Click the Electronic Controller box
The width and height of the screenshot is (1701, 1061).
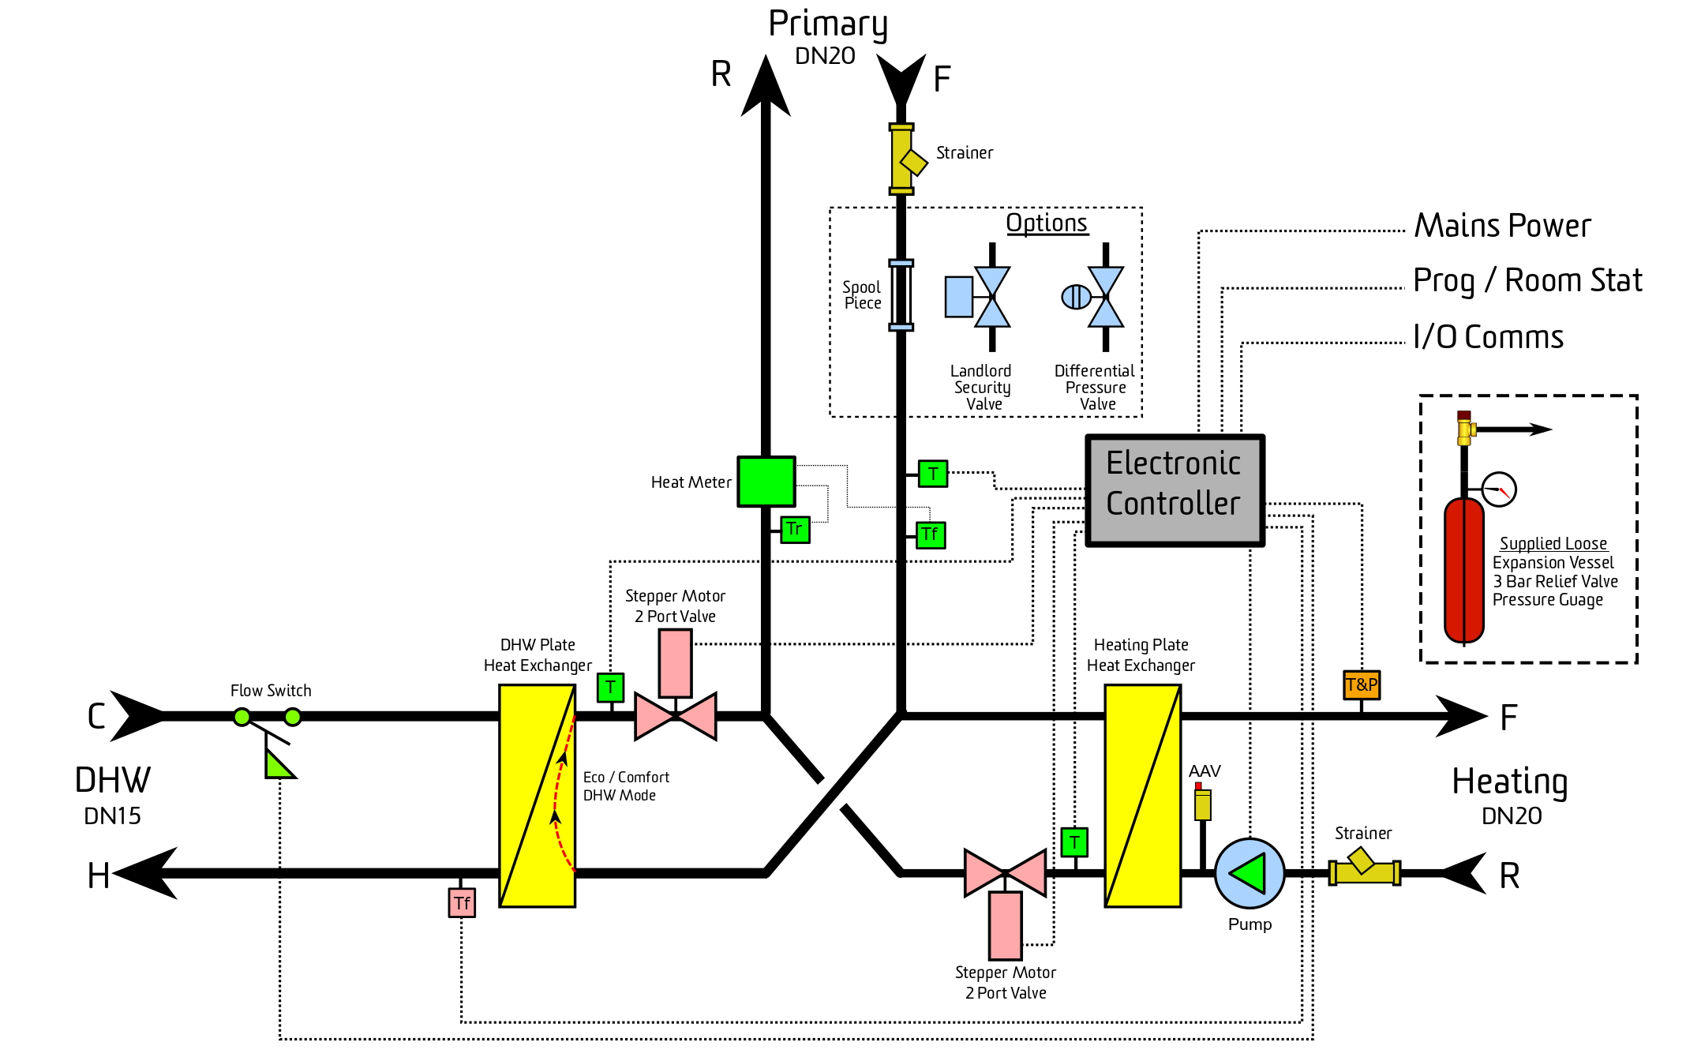[x=1175, y=490]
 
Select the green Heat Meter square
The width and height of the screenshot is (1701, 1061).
[x=766, y=482]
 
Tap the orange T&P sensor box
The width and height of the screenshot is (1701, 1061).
[x=1362, y=684]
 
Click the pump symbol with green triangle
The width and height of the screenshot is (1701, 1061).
[x=1250, y=873]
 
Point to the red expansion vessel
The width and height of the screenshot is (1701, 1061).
[x=1464, y=570]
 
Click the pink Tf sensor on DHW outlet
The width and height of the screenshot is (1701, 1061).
[x=462, y=903]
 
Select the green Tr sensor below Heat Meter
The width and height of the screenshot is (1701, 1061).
[x=795, y=529]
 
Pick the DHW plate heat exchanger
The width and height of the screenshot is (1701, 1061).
[x=537, y=796]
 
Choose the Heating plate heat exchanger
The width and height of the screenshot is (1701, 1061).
[x=1142, y=796]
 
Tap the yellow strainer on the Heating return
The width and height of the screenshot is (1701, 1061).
[x=1365, y=871]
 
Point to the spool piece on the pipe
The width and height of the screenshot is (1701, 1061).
[x=901, y=295]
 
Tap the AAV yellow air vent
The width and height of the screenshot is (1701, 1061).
[x=1202, y=802]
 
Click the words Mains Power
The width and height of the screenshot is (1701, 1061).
[x=1502, y=226]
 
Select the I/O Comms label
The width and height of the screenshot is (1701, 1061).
[x=1488, y=337]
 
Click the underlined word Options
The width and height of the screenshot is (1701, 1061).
[x=1047, y=223]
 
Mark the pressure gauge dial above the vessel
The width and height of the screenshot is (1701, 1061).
[x=1498, y=489]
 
